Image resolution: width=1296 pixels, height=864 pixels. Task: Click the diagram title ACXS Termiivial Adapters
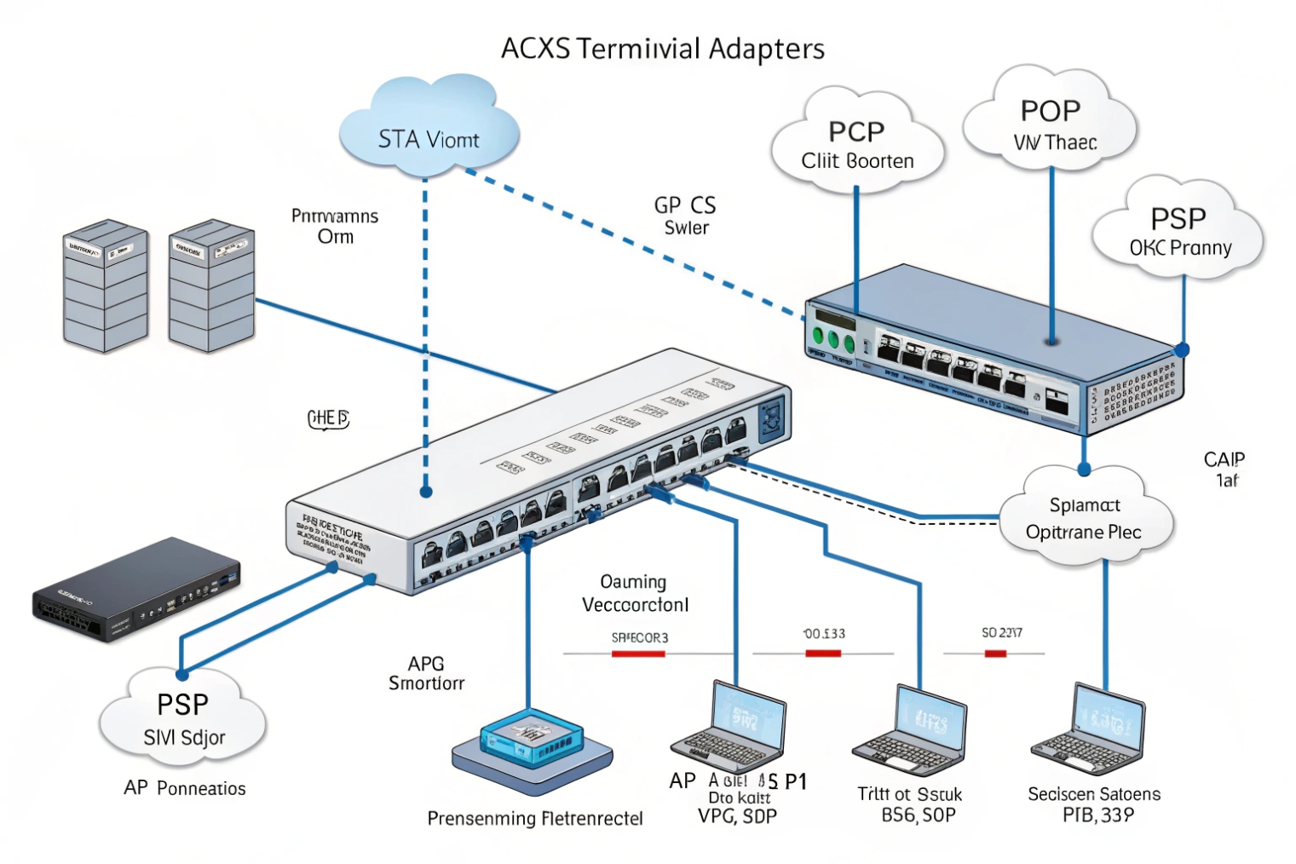point(662,49)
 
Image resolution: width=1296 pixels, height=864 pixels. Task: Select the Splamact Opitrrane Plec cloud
point(1084,518)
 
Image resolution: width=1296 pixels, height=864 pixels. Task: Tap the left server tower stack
point(106,286)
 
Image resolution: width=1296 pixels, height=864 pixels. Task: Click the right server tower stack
point(211,286)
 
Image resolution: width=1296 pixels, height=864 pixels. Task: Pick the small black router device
point(136,590)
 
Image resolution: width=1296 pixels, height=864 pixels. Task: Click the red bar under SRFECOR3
point(638,654)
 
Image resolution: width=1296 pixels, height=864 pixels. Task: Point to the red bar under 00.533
point(823,654)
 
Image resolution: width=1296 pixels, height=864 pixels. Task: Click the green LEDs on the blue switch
point(832,340)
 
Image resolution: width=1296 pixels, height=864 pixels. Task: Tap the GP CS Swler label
point(685,216)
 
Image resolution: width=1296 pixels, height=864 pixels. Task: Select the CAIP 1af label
point(1224,469)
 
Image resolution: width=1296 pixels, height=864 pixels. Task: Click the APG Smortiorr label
point(426,673)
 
